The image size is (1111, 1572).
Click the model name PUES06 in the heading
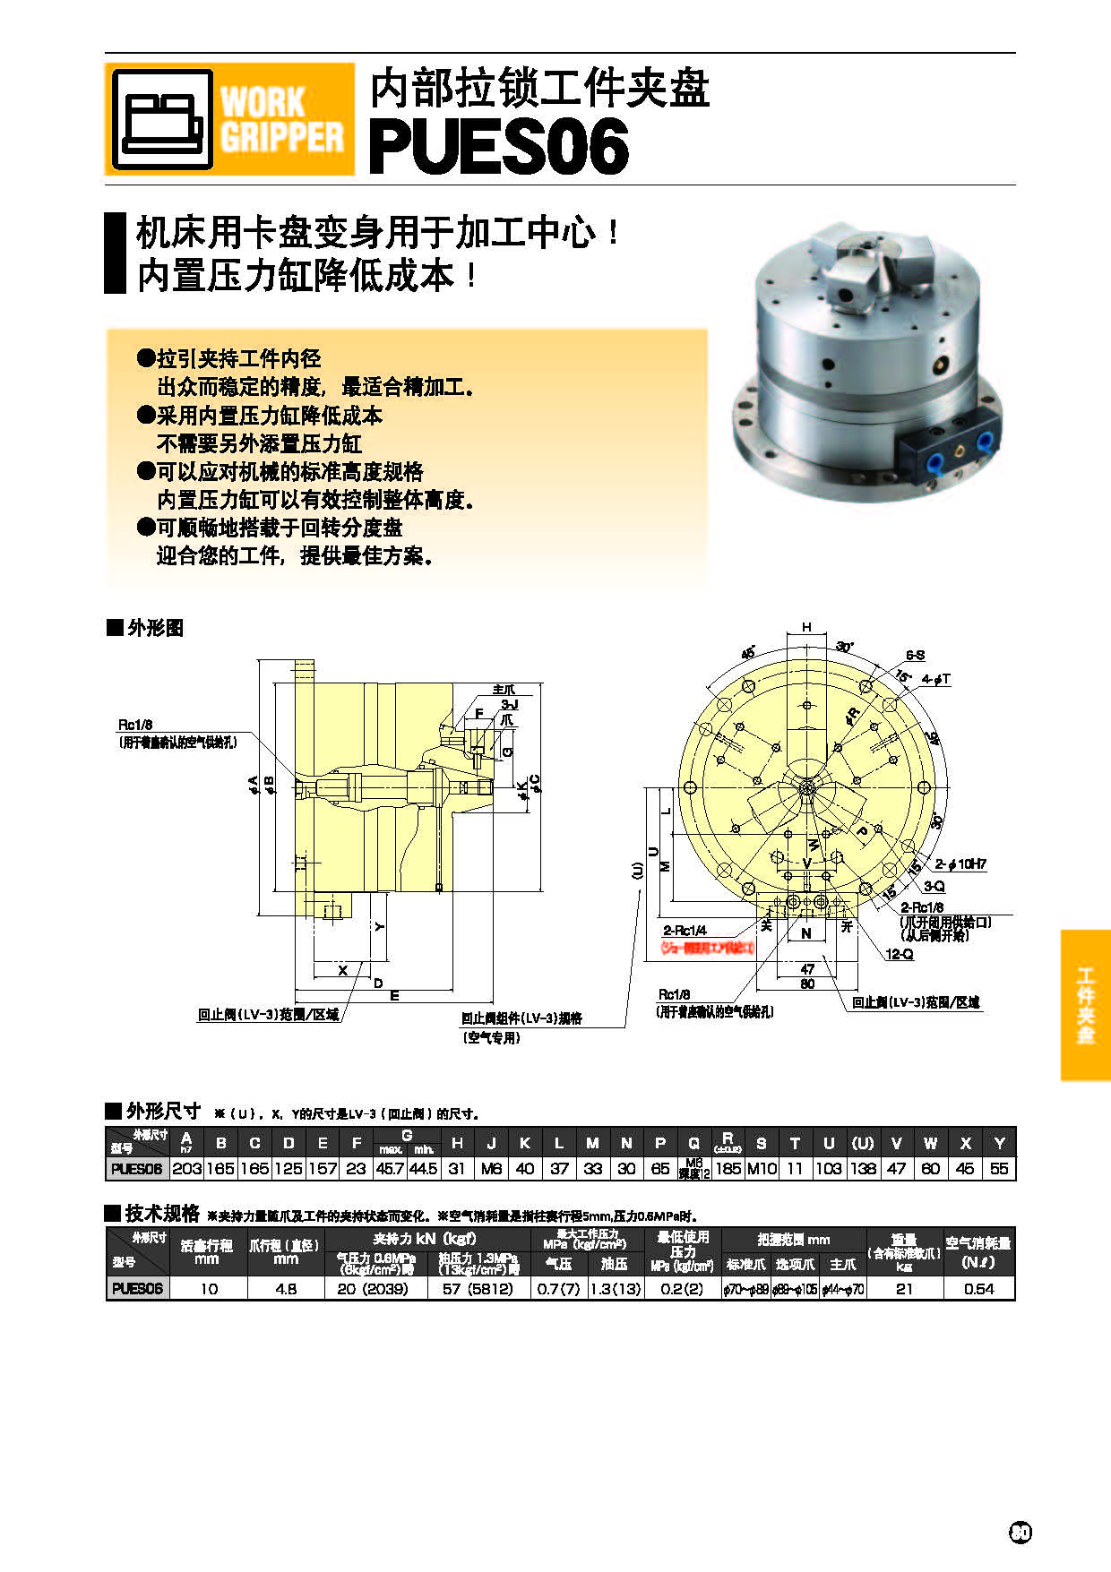point(498,148)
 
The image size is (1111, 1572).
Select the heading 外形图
point(155,628)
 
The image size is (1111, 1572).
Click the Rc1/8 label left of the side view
point(135,725)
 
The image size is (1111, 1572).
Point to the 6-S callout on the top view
point(915,656)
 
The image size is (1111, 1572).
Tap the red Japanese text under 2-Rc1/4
point(708,948)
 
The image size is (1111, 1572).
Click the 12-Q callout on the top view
point(900,955)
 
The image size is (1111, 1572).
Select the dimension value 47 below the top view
point(807,969)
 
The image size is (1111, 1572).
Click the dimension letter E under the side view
point(394,995)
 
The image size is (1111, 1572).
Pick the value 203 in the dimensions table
point(186,1169)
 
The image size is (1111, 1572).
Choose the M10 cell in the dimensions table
point(761,1169)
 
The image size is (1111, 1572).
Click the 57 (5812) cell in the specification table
point(478,1289)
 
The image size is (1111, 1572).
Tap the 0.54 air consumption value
point(978,1289)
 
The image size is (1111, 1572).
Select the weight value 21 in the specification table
point(904,1289)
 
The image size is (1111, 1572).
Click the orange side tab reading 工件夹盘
point(1085,1005)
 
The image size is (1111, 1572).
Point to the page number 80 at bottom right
point(1021,1533)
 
